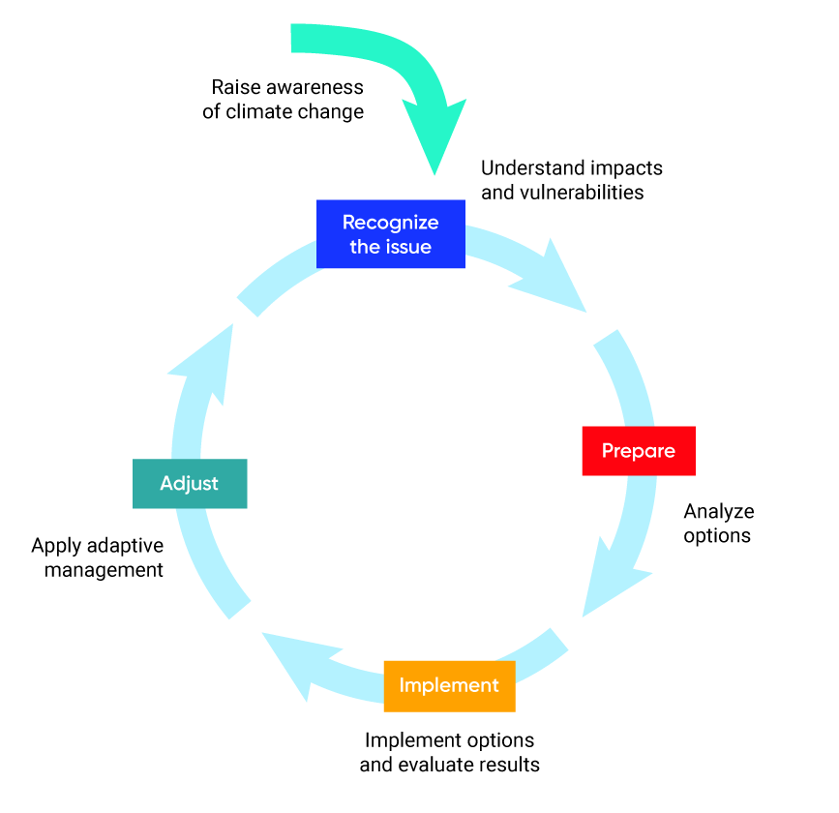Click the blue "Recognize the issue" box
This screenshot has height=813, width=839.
(x=391, y=234)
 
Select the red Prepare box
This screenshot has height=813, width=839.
(x=638, y=451)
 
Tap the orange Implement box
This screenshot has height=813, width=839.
(x=449, y=686)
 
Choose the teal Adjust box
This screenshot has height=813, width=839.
(x=190, y=483)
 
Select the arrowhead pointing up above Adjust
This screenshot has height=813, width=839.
(x=207, y=363)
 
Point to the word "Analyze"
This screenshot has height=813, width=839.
(x=718, y=511)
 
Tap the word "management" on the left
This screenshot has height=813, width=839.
(x=104, y=570)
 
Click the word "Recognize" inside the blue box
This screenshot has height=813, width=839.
(x=390, y=223)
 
